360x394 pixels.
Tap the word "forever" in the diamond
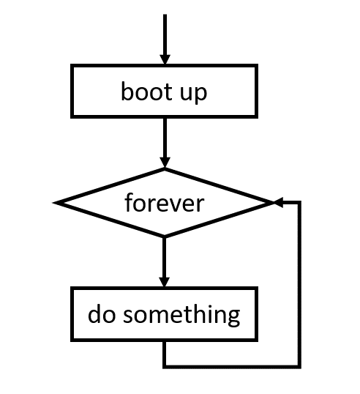tap(164, 203)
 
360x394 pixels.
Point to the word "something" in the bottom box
tap(181, 315)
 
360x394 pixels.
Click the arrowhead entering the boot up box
tap(165, 59)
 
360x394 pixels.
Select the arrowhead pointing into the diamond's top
tap(165, 163)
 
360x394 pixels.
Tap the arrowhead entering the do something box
tap(165, 282)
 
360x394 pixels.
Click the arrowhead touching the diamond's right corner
tap(279, 202)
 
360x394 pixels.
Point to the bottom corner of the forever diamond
tap(165, 236)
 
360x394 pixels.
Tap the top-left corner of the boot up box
tap(72, 67)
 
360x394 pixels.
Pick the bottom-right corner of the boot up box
tap(256, 115)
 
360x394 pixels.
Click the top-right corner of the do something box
tap(256, 289)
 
